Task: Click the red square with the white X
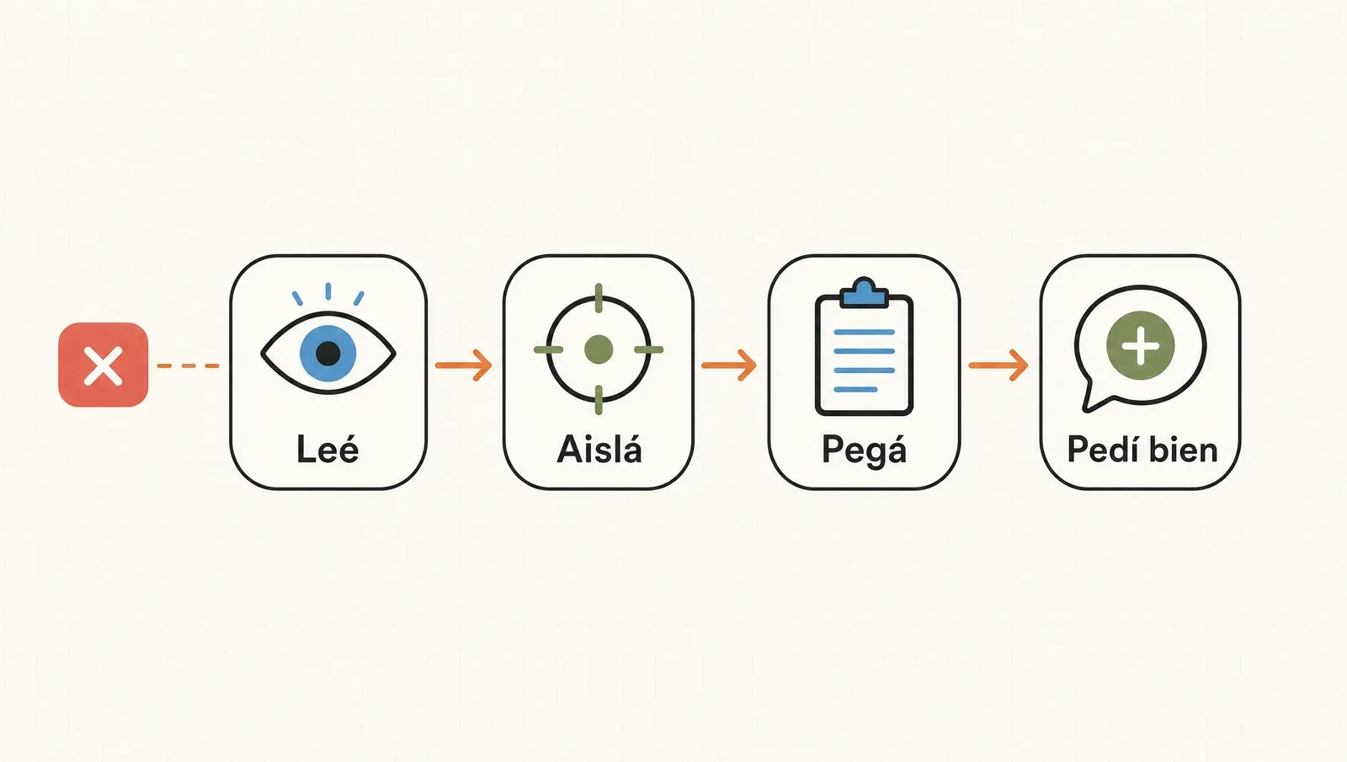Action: pos(103,365)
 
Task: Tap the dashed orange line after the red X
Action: pos(188,365)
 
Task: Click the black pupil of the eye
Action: pos(327,353)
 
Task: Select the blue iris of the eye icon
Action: pos(327,353)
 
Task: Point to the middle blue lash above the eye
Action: pos(327,291)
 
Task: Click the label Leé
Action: pos(327,450)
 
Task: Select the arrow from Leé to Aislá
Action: pos(463,365)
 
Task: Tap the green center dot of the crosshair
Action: pos(599,349)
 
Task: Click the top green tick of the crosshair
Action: pos(599,298)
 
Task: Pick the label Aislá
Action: pos(599,450)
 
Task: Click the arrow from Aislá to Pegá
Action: pos(729,365)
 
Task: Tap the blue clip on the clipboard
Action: pos(864,293)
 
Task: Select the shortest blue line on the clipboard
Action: pos(855,390)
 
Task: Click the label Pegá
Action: pos(864,450)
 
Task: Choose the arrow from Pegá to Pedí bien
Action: pos(998,365)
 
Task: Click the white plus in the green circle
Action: pos(1140,346)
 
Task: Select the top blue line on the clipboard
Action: pos(864,332)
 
